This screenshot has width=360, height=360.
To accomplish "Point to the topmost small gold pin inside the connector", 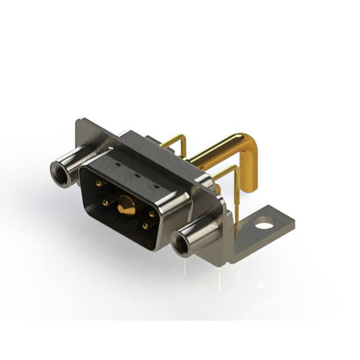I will tap(99, 183).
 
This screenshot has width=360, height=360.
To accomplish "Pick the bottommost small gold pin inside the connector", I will tap(146, 226).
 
